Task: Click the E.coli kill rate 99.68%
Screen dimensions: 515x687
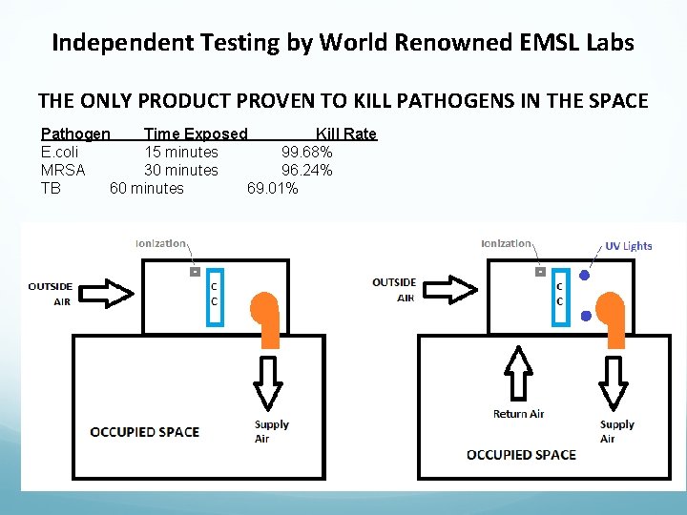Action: point(306,152)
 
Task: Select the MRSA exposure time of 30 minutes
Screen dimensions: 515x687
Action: point(180,170)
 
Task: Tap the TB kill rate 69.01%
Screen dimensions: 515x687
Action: point(272,188)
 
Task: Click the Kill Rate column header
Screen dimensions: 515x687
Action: point(345,134)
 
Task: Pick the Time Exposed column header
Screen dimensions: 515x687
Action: point(195,134)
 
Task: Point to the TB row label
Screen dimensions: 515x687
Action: point(51,188)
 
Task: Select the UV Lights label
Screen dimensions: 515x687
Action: point(629,246)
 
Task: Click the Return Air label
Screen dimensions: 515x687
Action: point(518,414)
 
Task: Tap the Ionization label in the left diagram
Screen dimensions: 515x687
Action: point(160,243)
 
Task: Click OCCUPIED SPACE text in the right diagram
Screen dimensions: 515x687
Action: point(521,454)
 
